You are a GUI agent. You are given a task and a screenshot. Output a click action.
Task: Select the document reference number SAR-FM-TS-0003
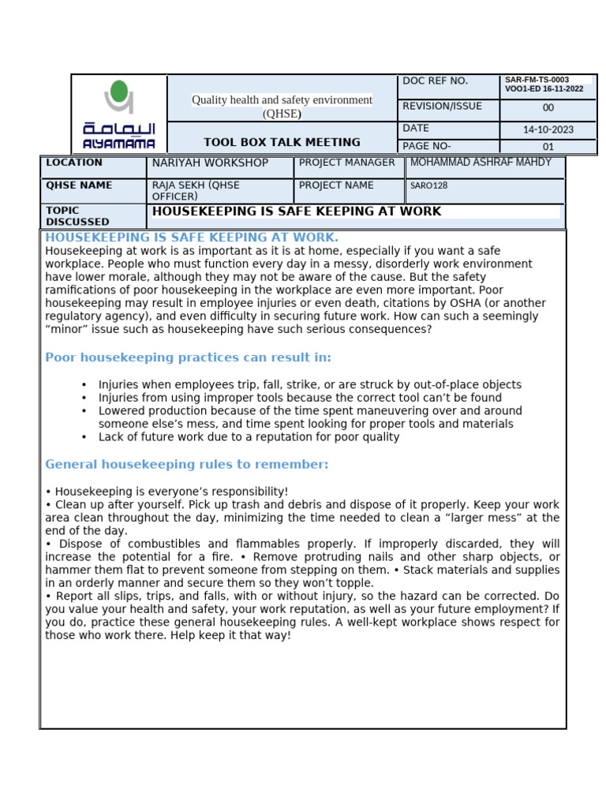point(537,80)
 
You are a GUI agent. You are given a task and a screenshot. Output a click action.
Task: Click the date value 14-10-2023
point(548,129)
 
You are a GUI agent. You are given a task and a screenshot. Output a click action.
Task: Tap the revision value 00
point(548,108)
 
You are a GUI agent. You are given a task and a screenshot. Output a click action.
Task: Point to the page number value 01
point(548,147)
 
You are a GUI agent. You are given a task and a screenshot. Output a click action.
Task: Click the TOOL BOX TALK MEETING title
point(282,142)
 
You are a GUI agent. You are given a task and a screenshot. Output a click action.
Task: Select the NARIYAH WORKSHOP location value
point(210,163)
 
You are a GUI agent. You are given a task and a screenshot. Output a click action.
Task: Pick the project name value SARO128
point(428,186)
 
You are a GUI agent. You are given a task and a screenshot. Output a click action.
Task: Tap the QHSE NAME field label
point(79,185)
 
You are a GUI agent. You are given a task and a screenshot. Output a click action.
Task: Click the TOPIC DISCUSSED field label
point(77,216)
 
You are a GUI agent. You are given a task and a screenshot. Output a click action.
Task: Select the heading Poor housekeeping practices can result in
point(188,357)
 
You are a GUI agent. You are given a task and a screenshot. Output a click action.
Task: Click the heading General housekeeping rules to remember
point(186,464)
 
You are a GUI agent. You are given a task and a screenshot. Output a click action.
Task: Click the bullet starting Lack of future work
point(249,437)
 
